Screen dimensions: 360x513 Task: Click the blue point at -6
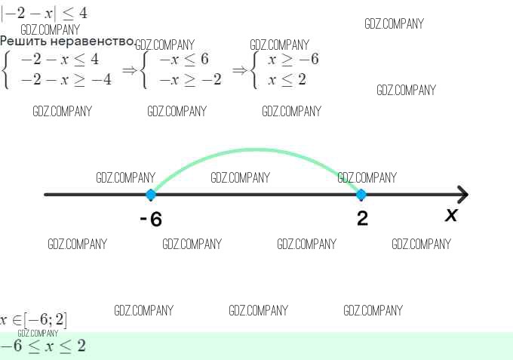tap(151, 195)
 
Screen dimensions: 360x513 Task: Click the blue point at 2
tap(361, 195)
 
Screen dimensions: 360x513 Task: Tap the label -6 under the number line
tap(151, 220)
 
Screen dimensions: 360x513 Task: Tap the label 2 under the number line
tap(363, 219)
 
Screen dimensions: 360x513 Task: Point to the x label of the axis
tap(451, 215)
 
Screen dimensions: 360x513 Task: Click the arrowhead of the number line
tap(462, 195)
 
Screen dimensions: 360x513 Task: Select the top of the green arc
tap(256, 149)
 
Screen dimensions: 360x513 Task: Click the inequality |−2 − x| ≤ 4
tap(43, 14)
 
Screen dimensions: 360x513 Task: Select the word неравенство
tap(90, 41)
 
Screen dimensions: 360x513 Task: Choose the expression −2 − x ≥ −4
tap(66, 78)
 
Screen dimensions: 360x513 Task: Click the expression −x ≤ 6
tap(183, 60)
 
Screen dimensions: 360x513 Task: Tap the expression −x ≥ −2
tap(190, 78)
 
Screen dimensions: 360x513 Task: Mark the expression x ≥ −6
tap(293, 60)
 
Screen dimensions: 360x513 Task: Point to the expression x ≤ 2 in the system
tap(287, 78)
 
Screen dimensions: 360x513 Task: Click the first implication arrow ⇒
tap(129, 69)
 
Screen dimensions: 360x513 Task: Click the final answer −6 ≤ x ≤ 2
tap(43, 346)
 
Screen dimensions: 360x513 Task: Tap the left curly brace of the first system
tap(6, 69)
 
